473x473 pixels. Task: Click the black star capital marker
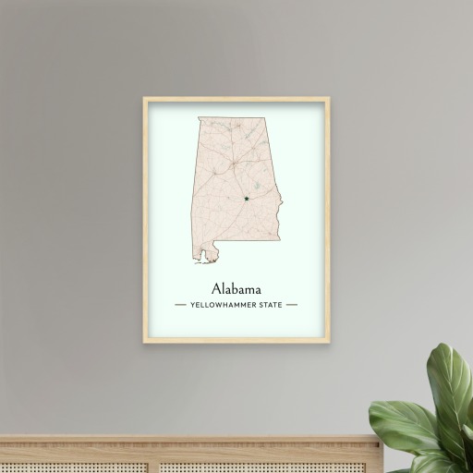[247, 196]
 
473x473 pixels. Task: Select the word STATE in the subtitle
[271, 304]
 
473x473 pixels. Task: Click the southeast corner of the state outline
[279, 243]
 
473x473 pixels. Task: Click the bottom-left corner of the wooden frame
[144, 342]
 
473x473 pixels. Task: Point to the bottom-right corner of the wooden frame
[329, 342]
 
